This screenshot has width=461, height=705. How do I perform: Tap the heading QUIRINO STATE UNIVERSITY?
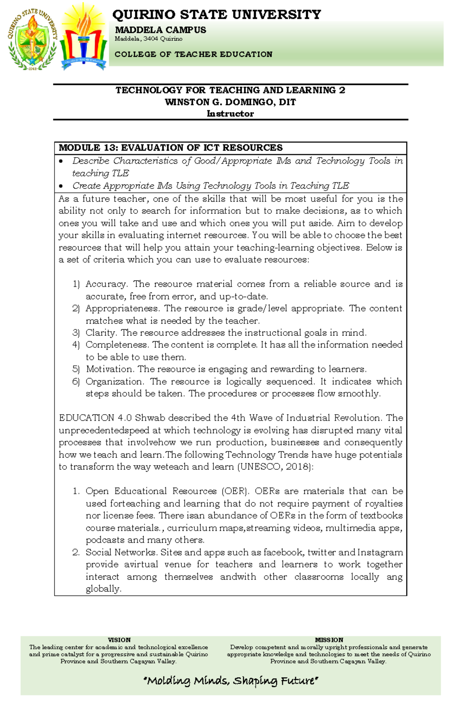pyautogui.click(x=216, y=15)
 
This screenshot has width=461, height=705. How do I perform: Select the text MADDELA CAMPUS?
pyautogui.click(x=160, y=30)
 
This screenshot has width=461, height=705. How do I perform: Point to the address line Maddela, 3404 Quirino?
pyautogui.click(x=148, y=39)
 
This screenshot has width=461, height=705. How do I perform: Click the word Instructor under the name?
pyautogui.click(x=230, y=114)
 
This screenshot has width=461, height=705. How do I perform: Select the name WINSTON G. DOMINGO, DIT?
pyautogui.click(x=230, y=102)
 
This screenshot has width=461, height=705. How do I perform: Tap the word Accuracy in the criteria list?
pyautogui.click(x=106, y=284)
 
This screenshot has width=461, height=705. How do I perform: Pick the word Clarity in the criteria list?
pyautogui.click(x=101, y=333)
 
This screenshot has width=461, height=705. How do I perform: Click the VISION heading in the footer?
pyautogui.click(x=119, y=640)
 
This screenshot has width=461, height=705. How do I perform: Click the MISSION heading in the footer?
pyautogui.click(x=329, y=640)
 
